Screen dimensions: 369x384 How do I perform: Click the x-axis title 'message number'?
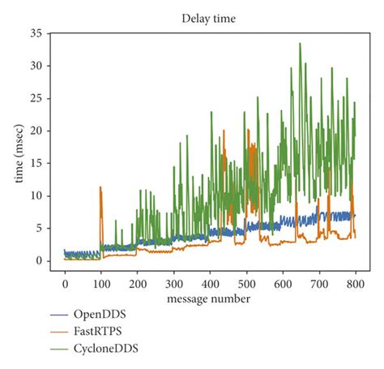tap(210, 300)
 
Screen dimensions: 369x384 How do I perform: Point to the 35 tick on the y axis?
tap(35, 33)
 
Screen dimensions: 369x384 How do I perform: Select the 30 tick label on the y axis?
tap(35, 66)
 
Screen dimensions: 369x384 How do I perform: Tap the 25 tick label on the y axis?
tap(35, 98)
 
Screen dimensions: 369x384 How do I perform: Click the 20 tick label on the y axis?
tap(35, 131)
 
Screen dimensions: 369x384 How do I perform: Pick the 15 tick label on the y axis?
tap(35, 163)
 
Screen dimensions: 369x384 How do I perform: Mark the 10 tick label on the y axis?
tap(35, 195)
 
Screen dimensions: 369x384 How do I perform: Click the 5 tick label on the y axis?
tap(37, 228)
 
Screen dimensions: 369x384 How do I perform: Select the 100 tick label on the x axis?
tap(101, 285)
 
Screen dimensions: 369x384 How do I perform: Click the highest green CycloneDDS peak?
tap(301, 44)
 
